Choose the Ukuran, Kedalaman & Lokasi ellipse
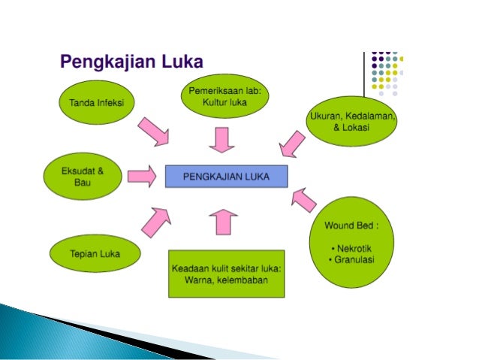point(353,121)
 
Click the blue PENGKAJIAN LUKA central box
point(227,176)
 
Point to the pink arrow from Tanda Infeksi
point(155,132)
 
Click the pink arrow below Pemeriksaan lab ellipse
point(221,139)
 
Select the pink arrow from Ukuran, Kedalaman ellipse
point(291,143)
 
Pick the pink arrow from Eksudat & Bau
point(140,176)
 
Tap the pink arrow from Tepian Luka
point(155,220)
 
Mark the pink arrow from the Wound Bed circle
point(303,199)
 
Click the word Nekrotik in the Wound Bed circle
point(354,247)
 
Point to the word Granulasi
point(356,259)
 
